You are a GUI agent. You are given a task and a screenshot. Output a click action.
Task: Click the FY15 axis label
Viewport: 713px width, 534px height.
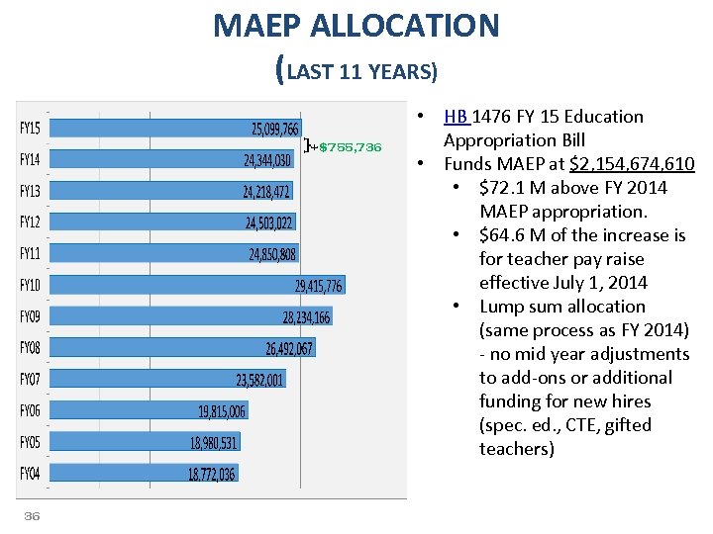pyautogui.click(x=30, y=129)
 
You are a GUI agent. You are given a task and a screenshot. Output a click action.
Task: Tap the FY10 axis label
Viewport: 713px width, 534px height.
pyautogui.click(x=30, y=286)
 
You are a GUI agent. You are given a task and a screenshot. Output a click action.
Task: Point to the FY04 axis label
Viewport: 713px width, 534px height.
pyautogui.click(x=30, y=474)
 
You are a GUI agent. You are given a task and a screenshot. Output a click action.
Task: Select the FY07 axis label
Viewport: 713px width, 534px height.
pyautogui.click(x=30, y=380)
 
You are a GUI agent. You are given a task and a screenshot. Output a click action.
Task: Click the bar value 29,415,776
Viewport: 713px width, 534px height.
pyautogui.click(x=318, y=286)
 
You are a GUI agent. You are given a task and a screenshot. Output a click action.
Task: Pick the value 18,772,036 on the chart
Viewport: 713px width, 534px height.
pyautogui.click(x=212, y=474)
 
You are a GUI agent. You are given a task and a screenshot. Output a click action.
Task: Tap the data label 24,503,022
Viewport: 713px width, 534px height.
pyautogui.click(x=269, y=222)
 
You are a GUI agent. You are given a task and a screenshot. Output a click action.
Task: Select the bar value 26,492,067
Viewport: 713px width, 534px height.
pyautogui.click(x=288, y=348)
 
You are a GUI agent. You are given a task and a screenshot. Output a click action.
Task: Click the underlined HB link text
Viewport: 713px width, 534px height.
pyautogui.click(x=457, y=117)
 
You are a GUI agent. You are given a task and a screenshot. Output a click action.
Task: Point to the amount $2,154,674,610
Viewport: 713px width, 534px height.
pyautogui.click(x=618, y=164)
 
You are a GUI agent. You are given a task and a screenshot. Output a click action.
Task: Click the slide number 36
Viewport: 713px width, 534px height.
pyautogui.click(x=32, y=516)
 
